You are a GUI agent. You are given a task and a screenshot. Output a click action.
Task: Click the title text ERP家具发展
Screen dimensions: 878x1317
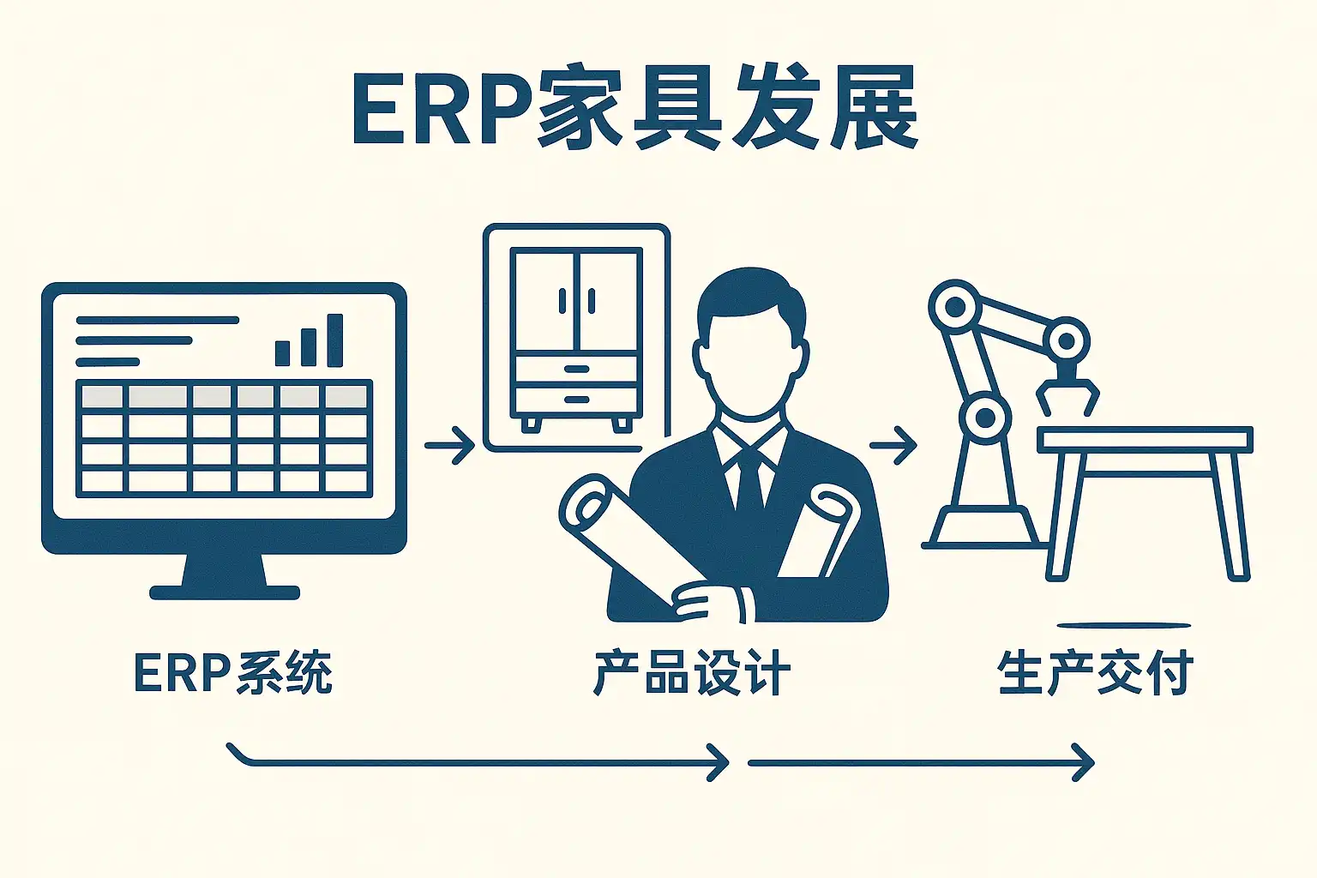(x=634, y=110)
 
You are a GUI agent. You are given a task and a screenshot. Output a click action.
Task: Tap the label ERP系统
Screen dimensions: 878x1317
(x=233, y=672)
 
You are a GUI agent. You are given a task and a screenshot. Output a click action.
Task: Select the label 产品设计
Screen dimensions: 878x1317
(x=691, y=672)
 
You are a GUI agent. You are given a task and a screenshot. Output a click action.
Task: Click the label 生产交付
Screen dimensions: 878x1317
(x=1095, y=672)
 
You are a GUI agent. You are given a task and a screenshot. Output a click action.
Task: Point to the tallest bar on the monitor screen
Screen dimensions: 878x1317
(x=335, y=340)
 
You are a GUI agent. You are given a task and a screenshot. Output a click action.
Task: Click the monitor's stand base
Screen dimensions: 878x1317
(x=225, y=592)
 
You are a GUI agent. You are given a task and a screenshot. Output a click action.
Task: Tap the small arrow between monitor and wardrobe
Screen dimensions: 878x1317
(x=450, y=445)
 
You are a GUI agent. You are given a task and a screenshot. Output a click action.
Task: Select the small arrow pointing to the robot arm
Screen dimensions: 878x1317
(x=893, y=445)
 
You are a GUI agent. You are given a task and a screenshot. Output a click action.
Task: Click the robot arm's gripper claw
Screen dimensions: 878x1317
(x=1067, y=394)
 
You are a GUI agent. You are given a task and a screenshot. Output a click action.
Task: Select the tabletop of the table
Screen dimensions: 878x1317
(x=1145, y=440)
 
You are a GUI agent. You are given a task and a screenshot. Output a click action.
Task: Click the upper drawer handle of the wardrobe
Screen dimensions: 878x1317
(x=577, y=370)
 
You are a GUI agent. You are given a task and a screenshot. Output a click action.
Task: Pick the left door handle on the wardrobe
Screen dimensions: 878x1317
(x=562, y=302)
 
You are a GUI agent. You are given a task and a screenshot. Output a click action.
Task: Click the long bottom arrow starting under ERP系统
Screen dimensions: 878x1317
(x=480, y=761)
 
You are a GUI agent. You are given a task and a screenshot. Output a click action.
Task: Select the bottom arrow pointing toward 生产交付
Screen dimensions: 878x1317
(x=922, y=762)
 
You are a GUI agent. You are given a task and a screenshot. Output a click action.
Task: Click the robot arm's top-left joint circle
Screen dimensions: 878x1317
(x=953, y=307)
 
